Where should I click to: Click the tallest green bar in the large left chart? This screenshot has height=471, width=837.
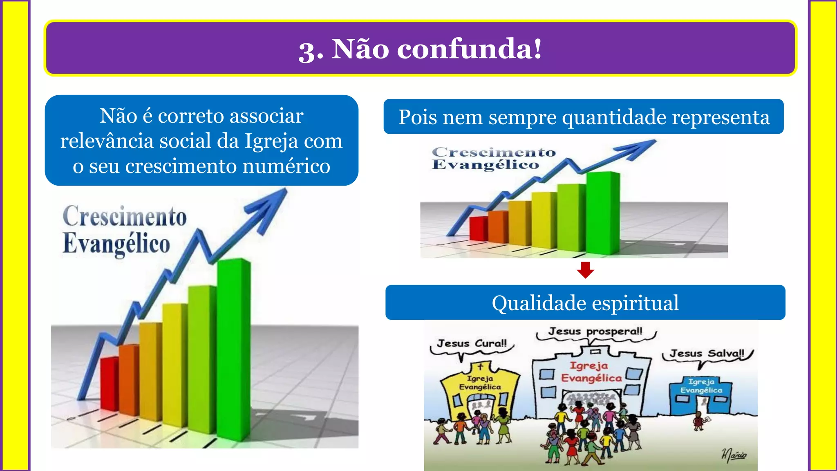(x=233, y=348)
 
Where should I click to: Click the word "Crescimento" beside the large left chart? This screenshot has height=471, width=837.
(x=125, y=217)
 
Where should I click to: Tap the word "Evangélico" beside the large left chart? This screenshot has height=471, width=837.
(x=116, y=244)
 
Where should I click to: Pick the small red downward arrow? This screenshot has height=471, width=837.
(x=585, y=270)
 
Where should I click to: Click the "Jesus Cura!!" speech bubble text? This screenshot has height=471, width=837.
(x=472, y=343)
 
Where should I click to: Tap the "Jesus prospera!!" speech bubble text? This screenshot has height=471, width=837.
(x=595, y=331)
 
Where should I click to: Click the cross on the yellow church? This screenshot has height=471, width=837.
(x=481, y=366)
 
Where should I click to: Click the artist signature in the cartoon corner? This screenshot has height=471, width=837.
(x=734, y=455)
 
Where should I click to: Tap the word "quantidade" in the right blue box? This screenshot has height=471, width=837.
(x=615, y=117)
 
